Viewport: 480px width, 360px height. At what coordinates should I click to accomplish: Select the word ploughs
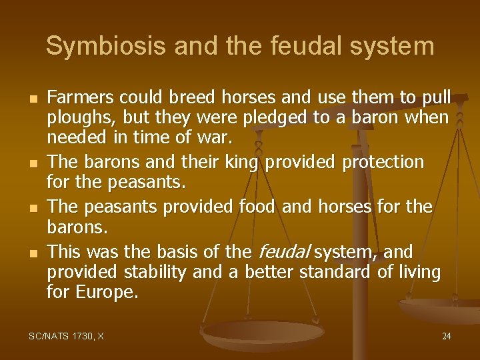75,119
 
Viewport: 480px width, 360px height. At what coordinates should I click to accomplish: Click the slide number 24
446,336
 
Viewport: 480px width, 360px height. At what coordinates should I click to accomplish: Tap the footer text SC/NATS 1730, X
65,336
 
